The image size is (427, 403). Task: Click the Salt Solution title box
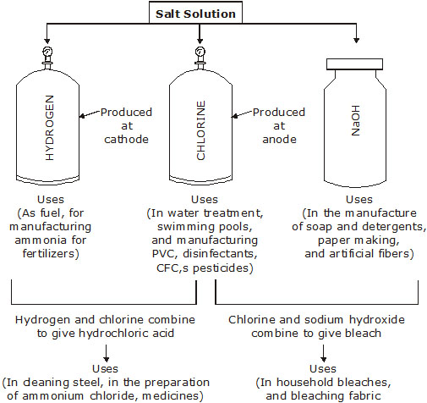(x=195, y=13)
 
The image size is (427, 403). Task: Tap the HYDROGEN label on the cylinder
(x=49, y=128)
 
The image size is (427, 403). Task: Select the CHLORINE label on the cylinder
(x=200, y=130)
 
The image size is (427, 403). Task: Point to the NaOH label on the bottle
(x=355, y=120)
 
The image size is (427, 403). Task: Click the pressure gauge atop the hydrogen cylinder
(x=47, y=52)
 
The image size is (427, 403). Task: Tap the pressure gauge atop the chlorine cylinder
(x=200, y=52)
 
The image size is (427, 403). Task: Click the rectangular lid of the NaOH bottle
(x=354, y=64)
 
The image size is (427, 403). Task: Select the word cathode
(x=126, y=140)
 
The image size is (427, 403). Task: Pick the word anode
(x=279, y=140)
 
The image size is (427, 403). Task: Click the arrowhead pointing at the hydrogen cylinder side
(x=82, y=116)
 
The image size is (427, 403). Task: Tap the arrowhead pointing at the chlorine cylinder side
(x=234, y=116)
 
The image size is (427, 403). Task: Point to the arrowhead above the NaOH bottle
(x=356, y=40)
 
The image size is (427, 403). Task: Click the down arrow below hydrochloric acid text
(x=106, y=353)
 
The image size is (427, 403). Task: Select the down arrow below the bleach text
(x=324, y=353)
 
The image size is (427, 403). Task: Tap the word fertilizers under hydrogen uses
(x=49, y=253)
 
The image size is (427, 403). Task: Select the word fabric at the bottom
(x=364, y=395)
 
